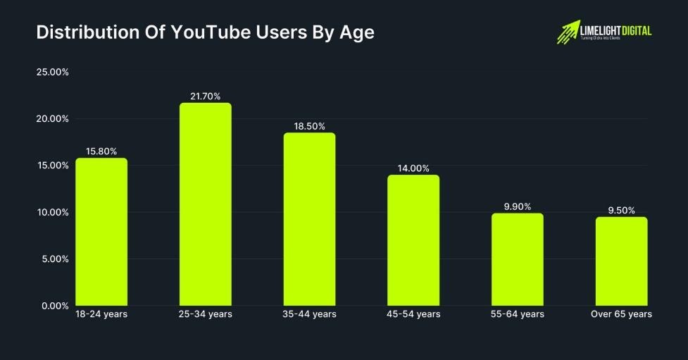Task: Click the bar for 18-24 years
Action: point(101,232)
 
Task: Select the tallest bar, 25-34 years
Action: point(206,204)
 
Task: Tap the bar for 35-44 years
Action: point(309,219)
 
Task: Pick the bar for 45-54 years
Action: point(413,240)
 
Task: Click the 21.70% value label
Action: point(206,96)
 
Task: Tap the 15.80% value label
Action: point(101,151)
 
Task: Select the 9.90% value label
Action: point(518,206)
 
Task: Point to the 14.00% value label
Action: point(413,168)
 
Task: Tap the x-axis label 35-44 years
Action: point(309,314)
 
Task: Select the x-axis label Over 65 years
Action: point(621,314)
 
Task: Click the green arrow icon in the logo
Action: point(568,31)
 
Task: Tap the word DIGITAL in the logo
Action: point(633,30)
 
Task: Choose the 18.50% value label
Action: point(309,125)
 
